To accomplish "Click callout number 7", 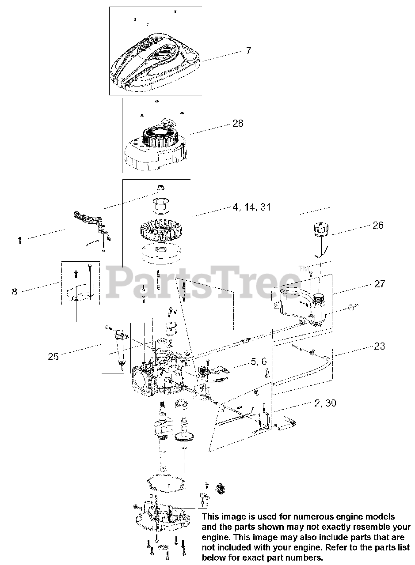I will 248,51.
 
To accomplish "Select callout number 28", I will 238,123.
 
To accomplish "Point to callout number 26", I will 378,225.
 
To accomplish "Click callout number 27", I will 380,284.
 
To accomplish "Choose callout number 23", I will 379,346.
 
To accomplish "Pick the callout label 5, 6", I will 259,362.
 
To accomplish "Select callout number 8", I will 15,291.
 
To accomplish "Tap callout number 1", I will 19,241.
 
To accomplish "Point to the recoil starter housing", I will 155,146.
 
